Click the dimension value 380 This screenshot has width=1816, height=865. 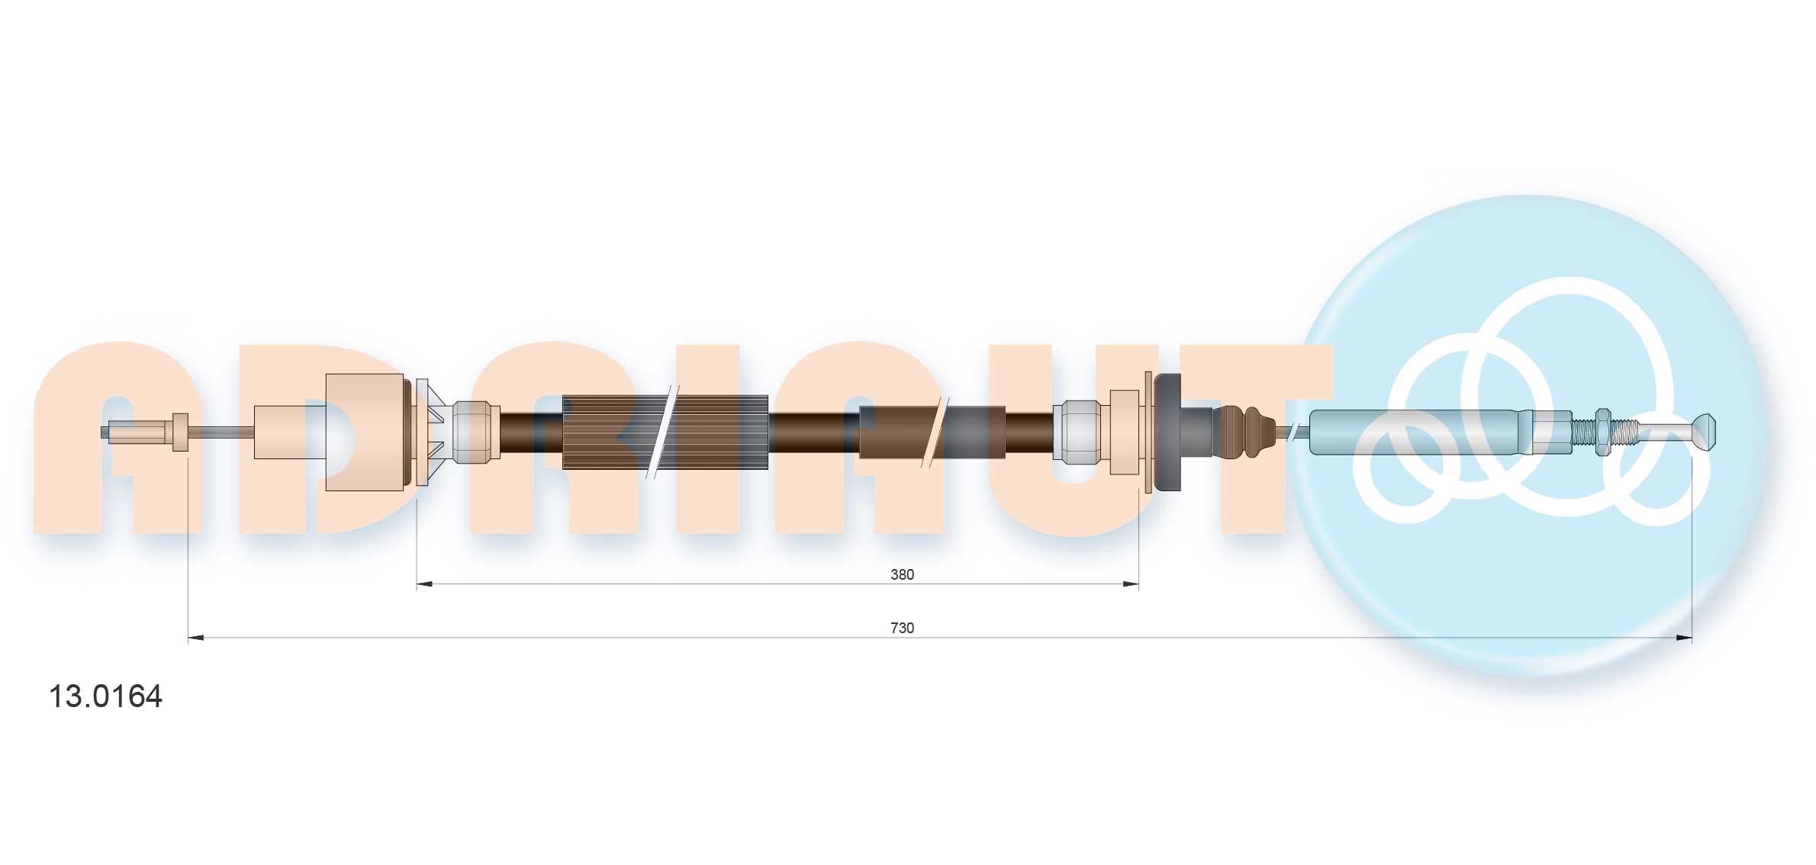(x=902, y=574)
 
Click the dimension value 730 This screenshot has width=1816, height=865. (x=902, y=628)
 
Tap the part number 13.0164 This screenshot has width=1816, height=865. (x=105, y=696)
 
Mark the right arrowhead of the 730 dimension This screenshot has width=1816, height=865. (x=1684, y=638)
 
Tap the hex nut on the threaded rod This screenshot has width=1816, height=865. (x=1602, y=432)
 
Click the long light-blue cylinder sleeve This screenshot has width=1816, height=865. (x=1412, y=432)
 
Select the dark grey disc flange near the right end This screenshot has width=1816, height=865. (x=1167, y=432)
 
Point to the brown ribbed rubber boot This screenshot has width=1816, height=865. (x=1244, y=432)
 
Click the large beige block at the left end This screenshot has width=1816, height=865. (x=364, y=432)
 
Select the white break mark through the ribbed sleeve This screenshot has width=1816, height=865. (x=662, y=432)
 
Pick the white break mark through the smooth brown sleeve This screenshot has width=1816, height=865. (x=935, y=432)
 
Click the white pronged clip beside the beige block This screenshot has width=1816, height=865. (x=429, y=432)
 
